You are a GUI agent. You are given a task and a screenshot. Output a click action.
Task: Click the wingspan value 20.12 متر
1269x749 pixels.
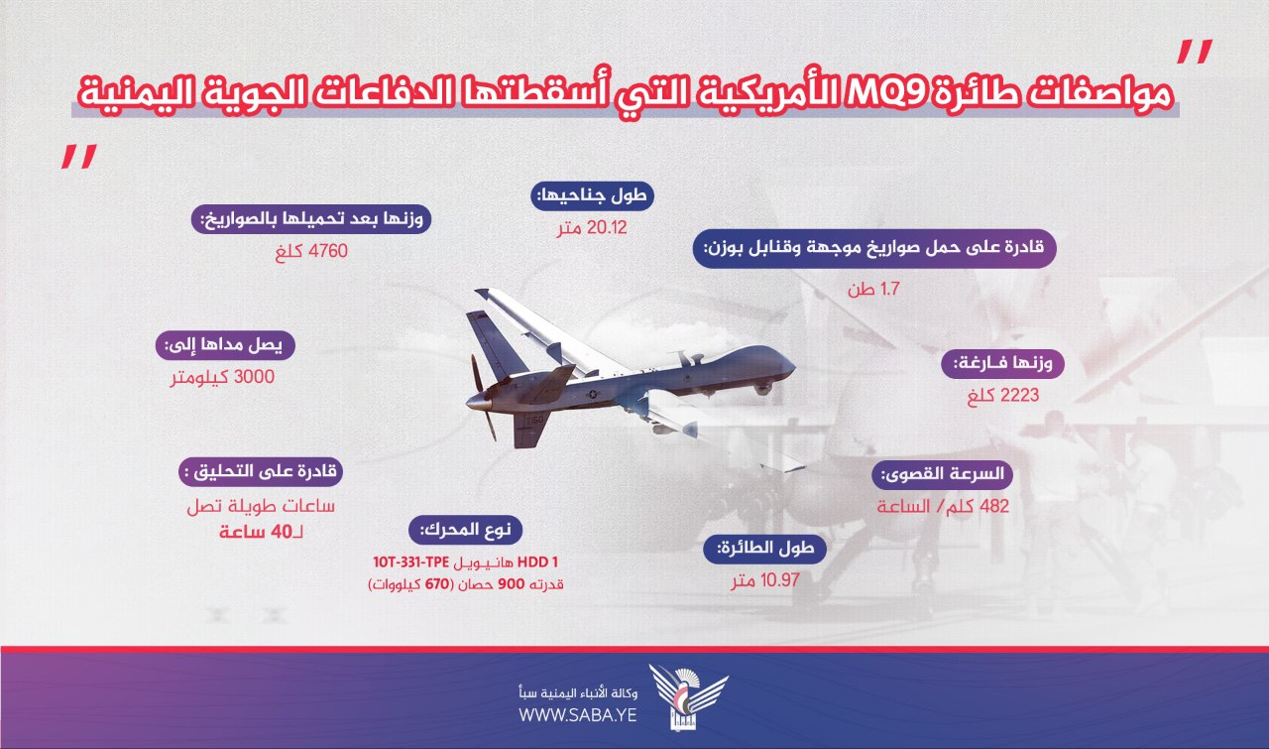pos(592,228)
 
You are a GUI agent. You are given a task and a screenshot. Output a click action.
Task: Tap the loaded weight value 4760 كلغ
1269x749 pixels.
pos(311,251)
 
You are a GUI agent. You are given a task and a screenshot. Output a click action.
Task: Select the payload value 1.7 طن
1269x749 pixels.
pos(873,289)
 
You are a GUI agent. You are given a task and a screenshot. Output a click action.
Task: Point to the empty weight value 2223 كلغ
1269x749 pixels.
pos(1003,395)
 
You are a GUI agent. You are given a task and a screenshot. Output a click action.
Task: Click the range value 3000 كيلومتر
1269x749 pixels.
pos(223,377)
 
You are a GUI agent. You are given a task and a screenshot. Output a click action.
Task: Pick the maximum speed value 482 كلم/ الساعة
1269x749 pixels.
pos(943,506)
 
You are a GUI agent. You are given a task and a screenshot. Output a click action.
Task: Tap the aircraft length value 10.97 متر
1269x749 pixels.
pos(764,580)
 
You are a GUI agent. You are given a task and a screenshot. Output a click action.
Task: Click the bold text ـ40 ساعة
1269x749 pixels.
pos(261,533)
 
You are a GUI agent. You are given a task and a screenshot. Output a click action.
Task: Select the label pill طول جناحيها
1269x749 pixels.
pos(592,196)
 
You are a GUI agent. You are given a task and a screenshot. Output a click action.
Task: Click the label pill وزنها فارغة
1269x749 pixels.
pos(1002,363)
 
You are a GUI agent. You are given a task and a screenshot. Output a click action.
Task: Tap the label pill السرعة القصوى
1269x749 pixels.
pos(942,474)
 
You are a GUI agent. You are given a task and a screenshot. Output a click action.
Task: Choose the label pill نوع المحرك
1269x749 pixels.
pos(465,531)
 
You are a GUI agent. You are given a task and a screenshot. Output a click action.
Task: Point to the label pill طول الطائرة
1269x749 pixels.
pos(764,549)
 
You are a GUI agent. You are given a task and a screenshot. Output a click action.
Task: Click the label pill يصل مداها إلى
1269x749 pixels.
pos(225,345)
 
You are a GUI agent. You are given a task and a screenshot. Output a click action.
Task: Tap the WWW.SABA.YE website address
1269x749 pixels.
pos(578,715)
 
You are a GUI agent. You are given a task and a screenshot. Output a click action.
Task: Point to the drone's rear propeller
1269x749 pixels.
pos(483,397)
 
